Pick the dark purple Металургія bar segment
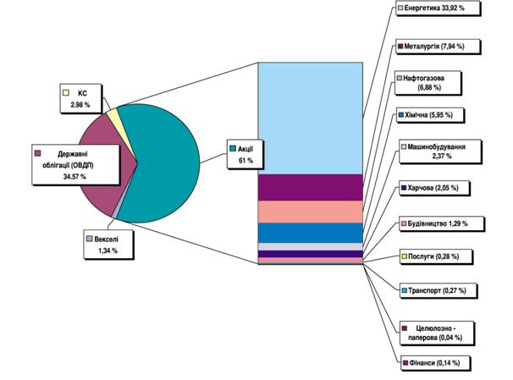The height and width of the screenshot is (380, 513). pyautogui.click(x=311, y=187)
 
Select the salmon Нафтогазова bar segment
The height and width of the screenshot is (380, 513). pyautogui.click(x=311, y=212)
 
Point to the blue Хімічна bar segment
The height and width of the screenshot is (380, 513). pyautogui.click(x=311, y=233)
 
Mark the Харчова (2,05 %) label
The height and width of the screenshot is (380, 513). pyautogui.click(x=433, y=186)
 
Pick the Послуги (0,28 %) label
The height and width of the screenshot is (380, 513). pyautogui.click(x=434, y=256)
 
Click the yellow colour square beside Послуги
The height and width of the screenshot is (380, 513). pyautogui.click(x=404, y=256)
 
